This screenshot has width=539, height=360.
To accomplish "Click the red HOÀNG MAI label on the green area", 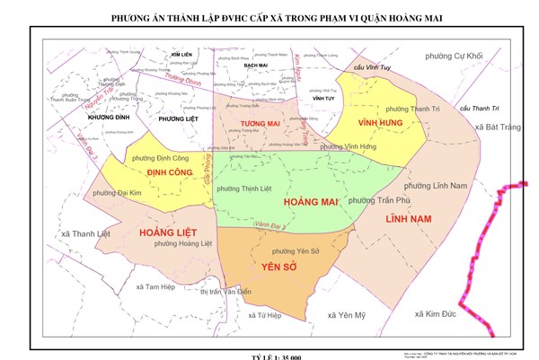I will click(309, 203).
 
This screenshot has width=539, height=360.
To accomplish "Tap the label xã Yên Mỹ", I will click(348, 315).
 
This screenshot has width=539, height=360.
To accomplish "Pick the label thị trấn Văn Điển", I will click(225, 292).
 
